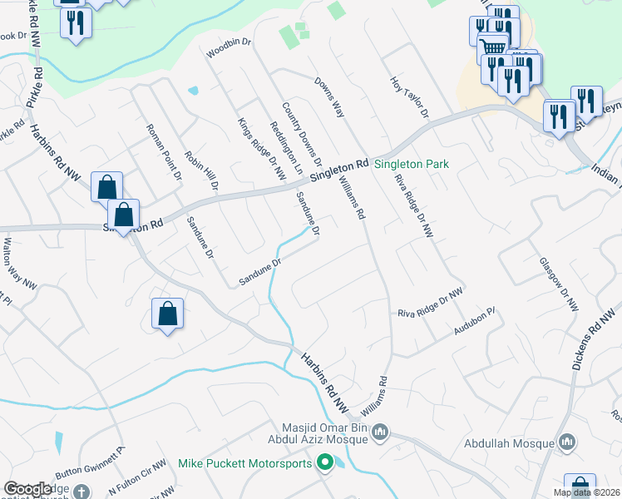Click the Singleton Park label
412,164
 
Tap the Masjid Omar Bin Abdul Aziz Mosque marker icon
380,431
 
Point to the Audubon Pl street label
474,322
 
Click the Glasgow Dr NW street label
558,283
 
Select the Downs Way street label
329,98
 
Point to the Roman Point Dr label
163,152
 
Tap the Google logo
27,489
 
